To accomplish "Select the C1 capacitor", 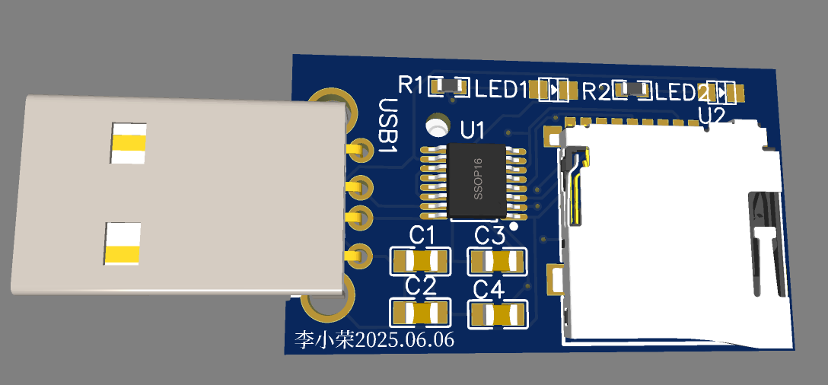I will [x=419, y=262].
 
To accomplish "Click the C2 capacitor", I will [x=419, y=312].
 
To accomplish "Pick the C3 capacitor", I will [x=498, y=262].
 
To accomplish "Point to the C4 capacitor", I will [x=498, y=313].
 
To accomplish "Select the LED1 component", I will [x=554, y=91].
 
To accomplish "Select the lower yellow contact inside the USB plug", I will [x=123, y=246].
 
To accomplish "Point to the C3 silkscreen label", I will [x=489, y=235].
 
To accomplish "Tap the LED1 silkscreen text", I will [x=502, y=89].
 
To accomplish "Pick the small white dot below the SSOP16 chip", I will [x=514, y=226].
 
